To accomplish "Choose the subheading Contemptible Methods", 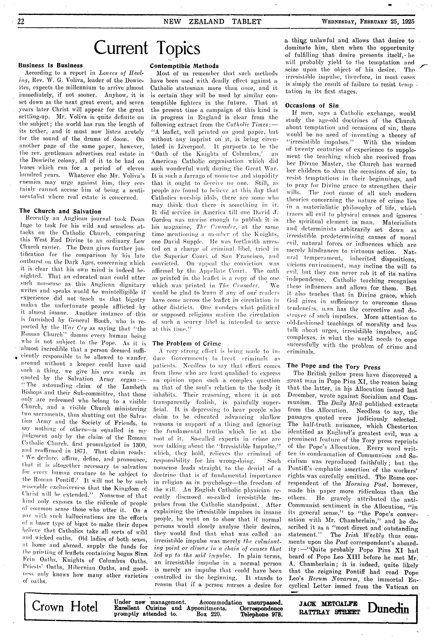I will [x=184, y=66].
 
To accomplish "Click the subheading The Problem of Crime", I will [x=187, y=343].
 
